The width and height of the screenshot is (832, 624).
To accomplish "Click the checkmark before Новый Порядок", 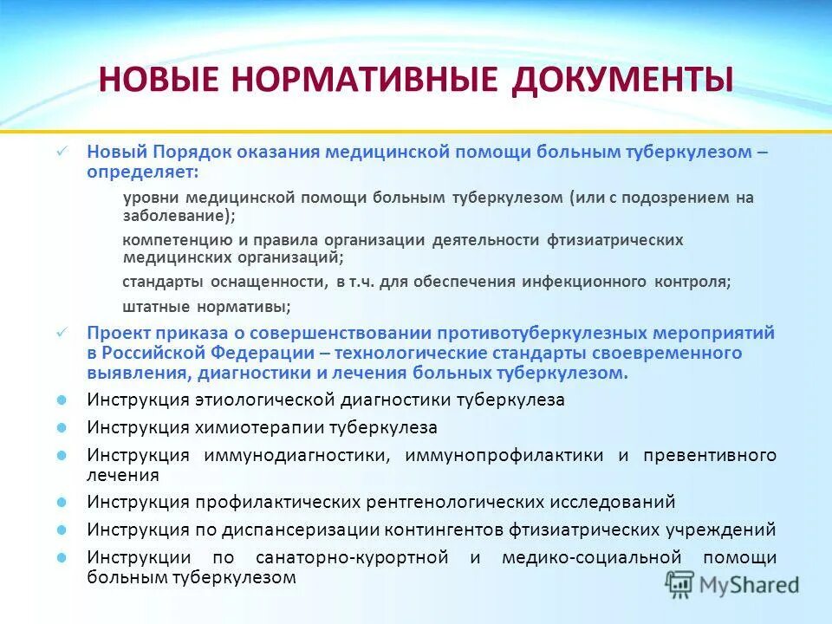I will [x=62, y=152].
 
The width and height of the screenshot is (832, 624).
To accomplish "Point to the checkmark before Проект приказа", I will [x=62, y=333].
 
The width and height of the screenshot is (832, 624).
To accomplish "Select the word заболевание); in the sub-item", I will [x=179, y=216].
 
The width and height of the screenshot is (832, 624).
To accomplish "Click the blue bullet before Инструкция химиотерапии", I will [x=62, y=428].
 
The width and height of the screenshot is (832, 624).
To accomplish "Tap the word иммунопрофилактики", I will [x=501, y=456].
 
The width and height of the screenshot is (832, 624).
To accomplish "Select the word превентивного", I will [x=709, y=456].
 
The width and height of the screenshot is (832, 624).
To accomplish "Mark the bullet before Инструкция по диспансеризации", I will [x=62, y=530].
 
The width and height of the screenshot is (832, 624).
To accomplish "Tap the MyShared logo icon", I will [x=679, y=584].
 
